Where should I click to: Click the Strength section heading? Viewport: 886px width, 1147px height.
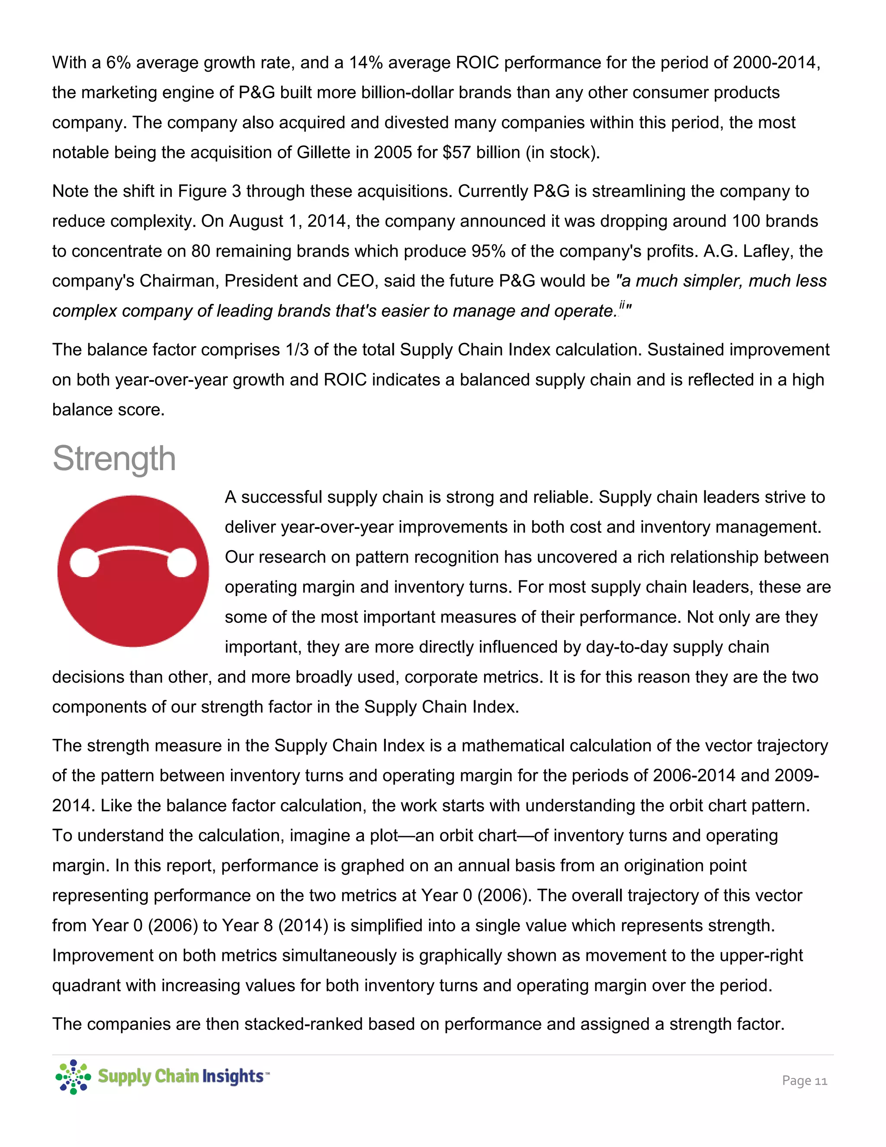(x=114, y=458)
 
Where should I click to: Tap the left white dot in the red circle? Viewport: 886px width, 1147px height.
(x=84, y=563)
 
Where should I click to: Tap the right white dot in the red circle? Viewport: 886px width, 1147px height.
(x=182, y=563)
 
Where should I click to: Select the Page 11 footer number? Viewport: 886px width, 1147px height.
(x=804, y=1080)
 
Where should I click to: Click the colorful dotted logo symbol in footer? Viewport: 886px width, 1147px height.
(x=73, y=1076)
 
